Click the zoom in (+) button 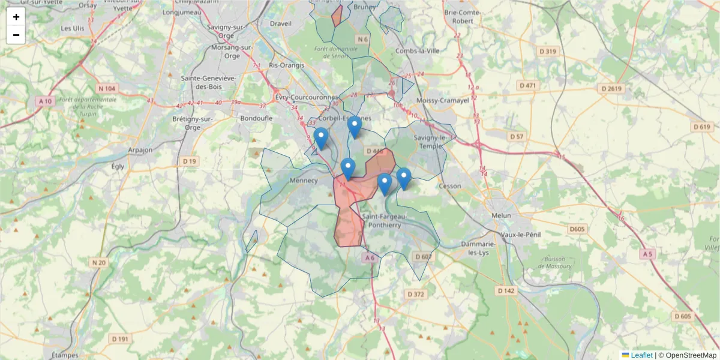point(16,17)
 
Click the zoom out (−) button point(16,35)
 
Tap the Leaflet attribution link point(641,355)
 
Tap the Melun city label point(501,215)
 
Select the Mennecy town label point(303,180)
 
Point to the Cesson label point(450,186)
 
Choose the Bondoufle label point(256,118)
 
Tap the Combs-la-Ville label point(418,51)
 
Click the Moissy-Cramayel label point(443,100)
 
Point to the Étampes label point(65,355)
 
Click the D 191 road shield point(120,339)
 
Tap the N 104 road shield point(109,88)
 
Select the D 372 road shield point(415,294)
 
